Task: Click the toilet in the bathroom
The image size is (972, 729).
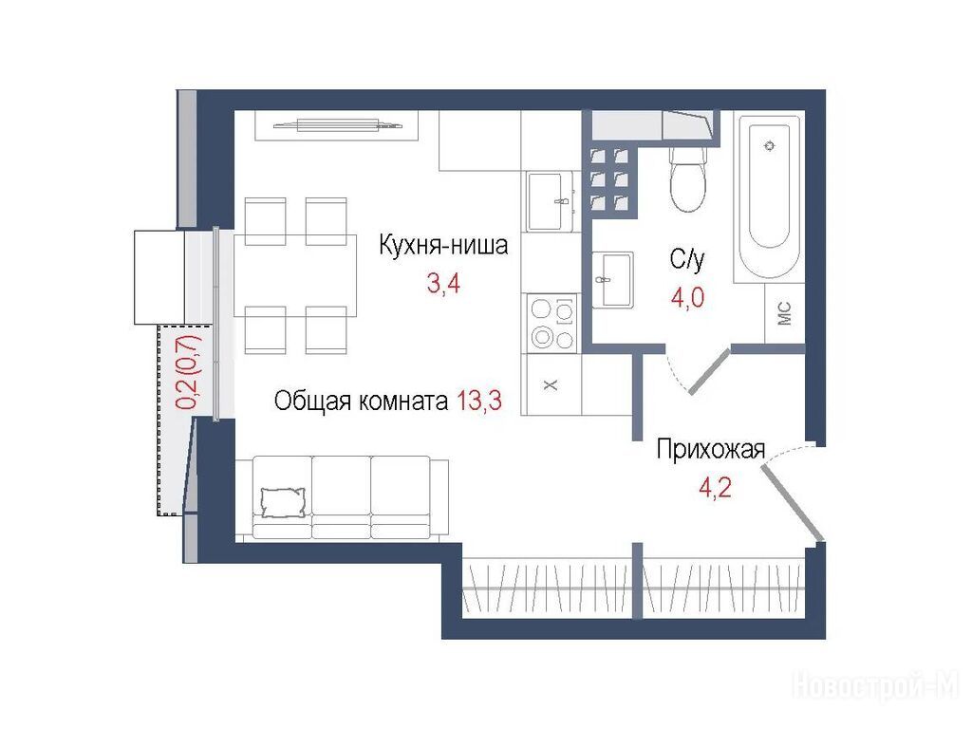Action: point(688,178)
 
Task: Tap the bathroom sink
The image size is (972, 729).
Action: point(612,280)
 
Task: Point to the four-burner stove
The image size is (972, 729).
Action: point(552,323)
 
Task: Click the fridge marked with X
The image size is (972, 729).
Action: point(551,384)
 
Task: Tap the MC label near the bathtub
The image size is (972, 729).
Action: point(784,313)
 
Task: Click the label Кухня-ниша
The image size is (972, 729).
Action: point(443,246)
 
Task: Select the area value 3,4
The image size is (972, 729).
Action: point(444,284)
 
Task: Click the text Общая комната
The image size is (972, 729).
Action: point(361,402)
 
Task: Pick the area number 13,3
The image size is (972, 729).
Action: point(479,402)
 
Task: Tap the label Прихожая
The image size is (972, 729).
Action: point(711,449)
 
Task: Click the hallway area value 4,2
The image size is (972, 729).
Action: point(715,487)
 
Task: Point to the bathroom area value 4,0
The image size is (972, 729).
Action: point(687,297)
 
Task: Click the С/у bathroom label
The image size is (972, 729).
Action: point(687,258)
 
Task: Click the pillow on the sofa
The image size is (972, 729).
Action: point(283,502)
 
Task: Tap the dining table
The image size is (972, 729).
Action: point(295,276)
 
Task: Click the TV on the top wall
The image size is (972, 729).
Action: point(338,126)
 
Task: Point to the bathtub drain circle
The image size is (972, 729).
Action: point(771,146)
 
